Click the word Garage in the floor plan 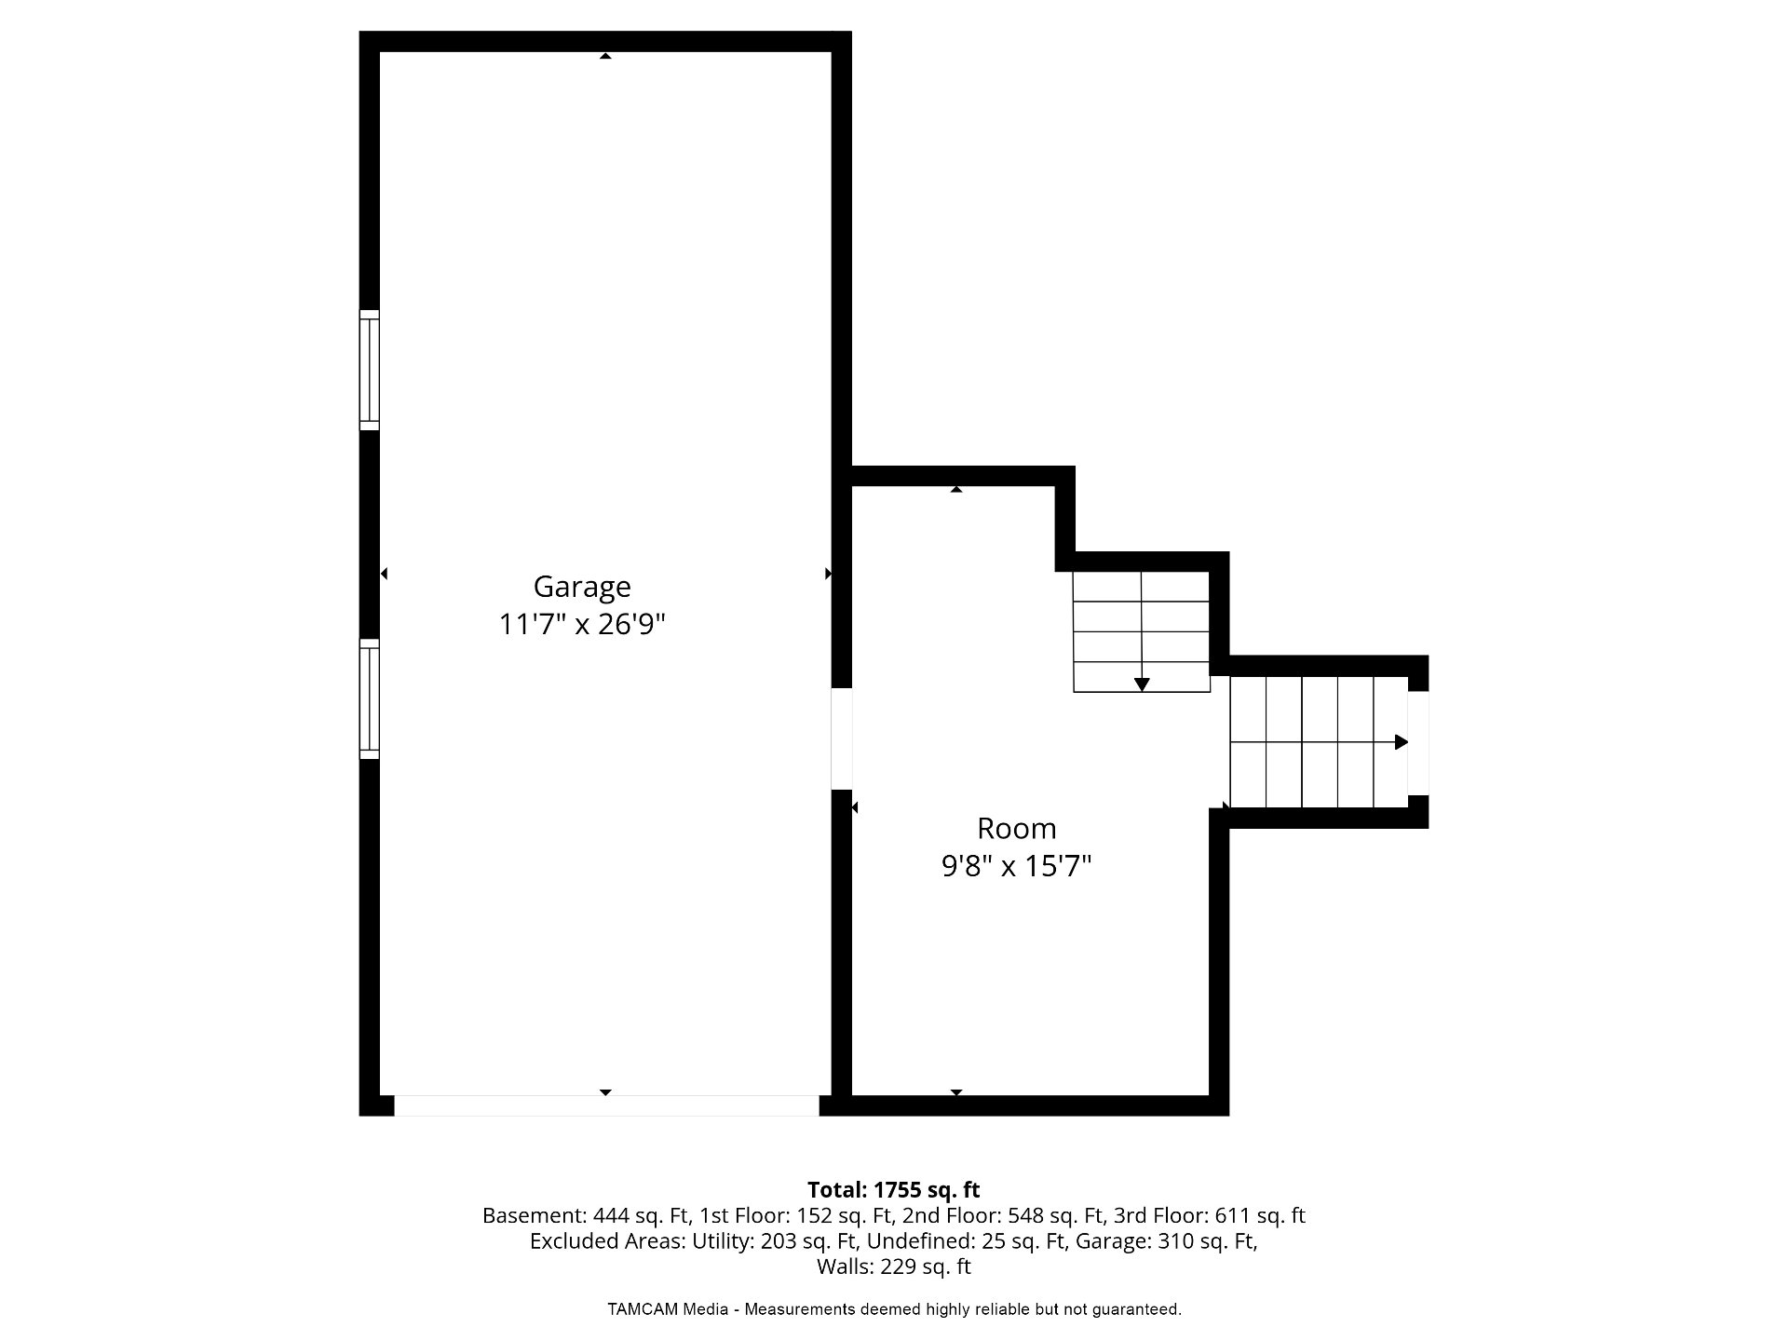click(582, 588)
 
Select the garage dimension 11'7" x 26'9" click(582, 624)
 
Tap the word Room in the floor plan click(1016, 828)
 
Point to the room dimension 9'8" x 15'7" click(1016, 867)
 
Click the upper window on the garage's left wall click(370, 370)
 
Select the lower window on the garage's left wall click(370, 699)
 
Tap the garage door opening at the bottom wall click(606, 1105)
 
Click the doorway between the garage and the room click(841, 738)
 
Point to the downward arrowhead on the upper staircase click(1142, 684)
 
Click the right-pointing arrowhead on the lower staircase click(1401, 742)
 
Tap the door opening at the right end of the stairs click(1417, 743)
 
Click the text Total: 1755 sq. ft click(894, 1190)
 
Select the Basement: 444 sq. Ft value click(586, 1216)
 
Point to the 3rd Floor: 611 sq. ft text click(1210, 1216)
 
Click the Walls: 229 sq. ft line click(894, 1266)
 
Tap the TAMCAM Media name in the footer click(668, 1309)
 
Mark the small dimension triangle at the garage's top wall click(605, 56)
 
